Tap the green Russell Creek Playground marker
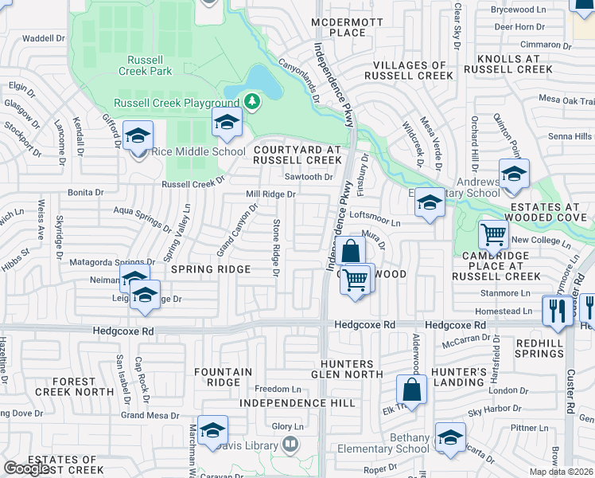click(252, 101)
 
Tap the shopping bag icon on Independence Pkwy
click(350, 251)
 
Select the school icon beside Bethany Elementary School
click(450, 437)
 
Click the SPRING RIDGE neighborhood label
click(211, 269)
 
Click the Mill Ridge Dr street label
click(270, 194)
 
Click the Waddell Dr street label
click(43, 37)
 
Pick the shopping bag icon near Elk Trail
click(411, 390)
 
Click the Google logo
click(27, 468)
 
